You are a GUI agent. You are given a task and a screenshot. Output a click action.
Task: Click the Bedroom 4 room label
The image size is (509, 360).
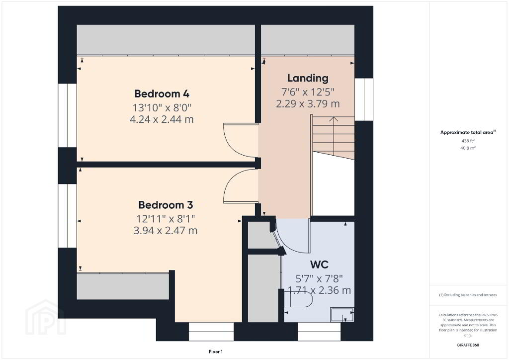coord(162,93)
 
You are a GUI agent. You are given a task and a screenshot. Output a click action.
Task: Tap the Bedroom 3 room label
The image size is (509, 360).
coord(166,205)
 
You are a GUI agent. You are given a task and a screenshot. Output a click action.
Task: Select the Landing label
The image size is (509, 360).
coord(308,78)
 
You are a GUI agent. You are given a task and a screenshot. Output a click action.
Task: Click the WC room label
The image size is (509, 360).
coord(319,264)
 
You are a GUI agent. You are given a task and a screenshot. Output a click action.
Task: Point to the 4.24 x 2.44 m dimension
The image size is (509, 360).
coord(162,119)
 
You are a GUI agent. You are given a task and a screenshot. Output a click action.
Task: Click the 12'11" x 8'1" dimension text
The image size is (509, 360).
coord(166,218)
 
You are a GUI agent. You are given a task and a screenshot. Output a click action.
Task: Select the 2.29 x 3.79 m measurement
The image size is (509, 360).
coord(308,104)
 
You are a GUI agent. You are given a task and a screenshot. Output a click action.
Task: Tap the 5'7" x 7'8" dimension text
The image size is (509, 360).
coord(319,278)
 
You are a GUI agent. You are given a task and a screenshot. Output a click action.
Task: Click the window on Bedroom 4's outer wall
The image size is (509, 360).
coord(67,115)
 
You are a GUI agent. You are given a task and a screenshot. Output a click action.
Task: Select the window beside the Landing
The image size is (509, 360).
coord(363,99)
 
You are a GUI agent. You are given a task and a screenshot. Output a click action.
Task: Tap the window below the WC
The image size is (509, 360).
coord(319,332)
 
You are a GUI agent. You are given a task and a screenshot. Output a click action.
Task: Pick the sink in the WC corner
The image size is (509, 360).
coord(342,314)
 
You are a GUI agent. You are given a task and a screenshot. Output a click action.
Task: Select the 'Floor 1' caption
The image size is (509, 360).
coord(216,352)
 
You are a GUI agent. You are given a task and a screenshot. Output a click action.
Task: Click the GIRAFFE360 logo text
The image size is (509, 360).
coord(468,345)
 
